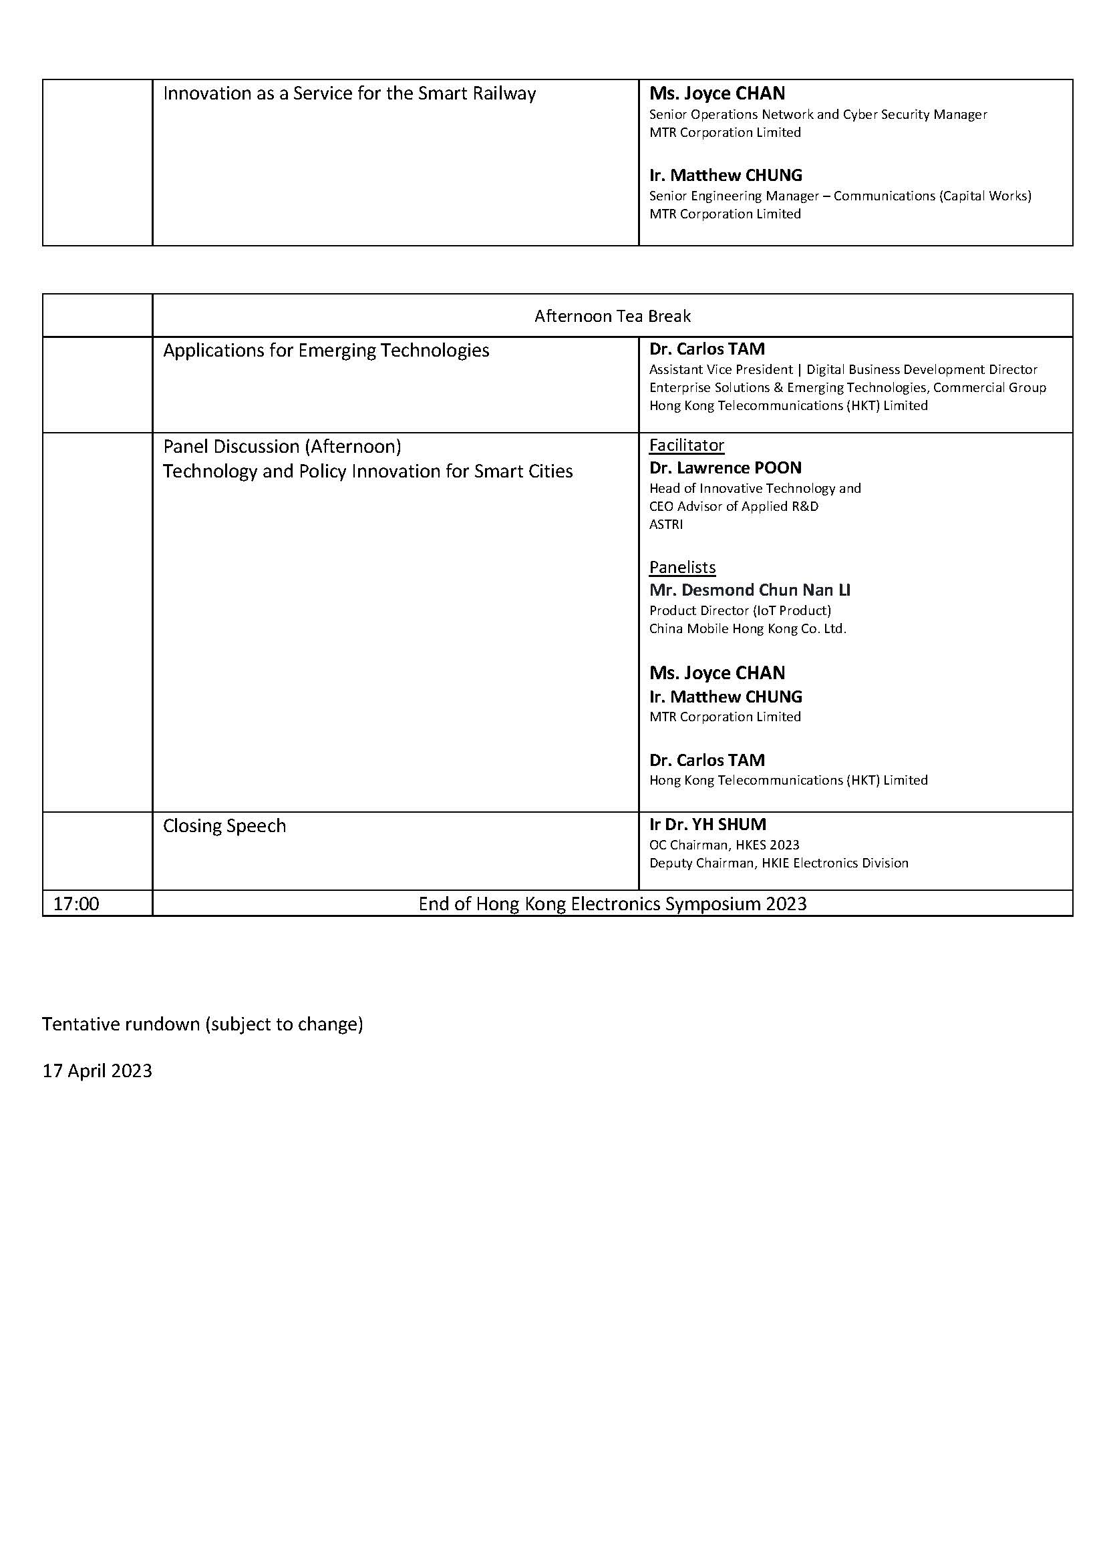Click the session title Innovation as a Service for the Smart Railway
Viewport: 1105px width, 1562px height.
coord(349,94)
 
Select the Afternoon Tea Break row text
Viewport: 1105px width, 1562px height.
coord(613,317)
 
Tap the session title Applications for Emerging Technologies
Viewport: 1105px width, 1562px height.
coord(326,351)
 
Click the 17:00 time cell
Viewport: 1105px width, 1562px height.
coord(76,904)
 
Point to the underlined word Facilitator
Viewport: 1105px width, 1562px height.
coord(686,445)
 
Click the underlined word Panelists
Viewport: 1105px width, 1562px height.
coord(682,568)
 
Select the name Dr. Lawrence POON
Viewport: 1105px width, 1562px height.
coord(725,468)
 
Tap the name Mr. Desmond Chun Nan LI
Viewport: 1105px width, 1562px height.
coord(749,590)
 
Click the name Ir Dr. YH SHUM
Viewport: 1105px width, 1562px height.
coord(707,825)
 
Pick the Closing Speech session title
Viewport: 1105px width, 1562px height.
coord(224,826)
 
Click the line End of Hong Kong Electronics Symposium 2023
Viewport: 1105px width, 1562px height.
coord(613,904)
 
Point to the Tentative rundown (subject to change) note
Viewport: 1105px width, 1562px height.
coord(202,1024)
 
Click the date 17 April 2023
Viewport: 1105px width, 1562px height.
coord(98,1070)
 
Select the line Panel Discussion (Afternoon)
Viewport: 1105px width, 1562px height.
coord(282,446)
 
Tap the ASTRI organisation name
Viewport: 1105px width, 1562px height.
coord(665,524)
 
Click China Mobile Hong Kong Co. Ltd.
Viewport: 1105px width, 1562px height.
coord(747,628)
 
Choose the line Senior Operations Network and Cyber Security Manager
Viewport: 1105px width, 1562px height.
coord(817,114)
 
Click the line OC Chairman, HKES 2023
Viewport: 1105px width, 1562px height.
coord(724,845)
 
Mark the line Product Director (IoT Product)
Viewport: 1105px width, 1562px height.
coord(740,610)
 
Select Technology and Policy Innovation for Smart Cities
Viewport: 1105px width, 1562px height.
coord(367,471)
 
